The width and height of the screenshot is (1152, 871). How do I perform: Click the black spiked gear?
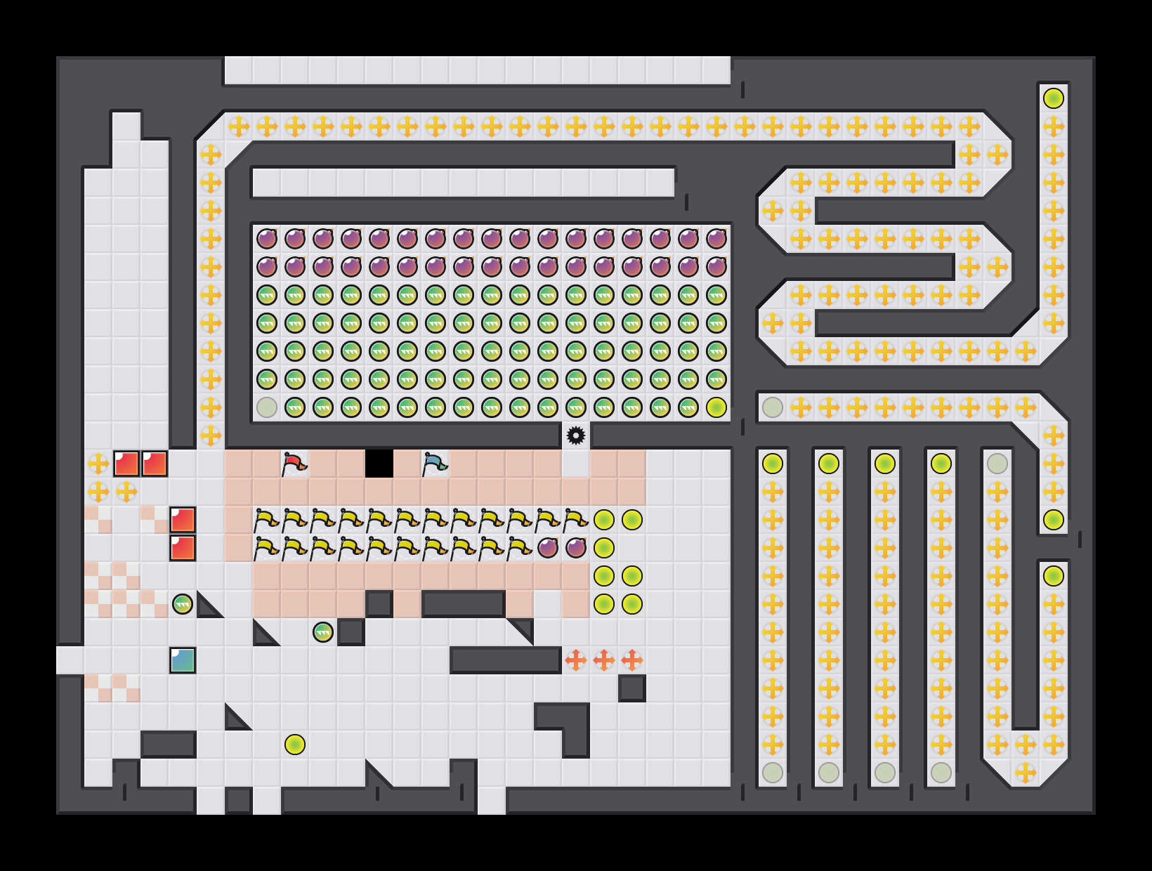coord(576,435)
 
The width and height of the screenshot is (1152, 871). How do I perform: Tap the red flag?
coord(294,464)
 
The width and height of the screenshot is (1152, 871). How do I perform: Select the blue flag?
coord(435,464)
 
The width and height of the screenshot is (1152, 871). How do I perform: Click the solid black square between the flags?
coord(379,464)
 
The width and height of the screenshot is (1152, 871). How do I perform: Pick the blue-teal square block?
coord(183,660)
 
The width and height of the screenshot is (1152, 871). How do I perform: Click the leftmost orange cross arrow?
coord(576,660)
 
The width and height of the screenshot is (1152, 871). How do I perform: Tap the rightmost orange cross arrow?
coord(632,660)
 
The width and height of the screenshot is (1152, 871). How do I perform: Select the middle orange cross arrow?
coord(604,660)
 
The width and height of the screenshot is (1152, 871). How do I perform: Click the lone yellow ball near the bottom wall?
coord(295,745)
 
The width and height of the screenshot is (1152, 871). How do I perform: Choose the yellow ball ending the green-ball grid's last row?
coord(716,407)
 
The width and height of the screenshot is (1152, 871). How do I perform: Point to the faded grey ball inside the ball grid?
coord(267,407)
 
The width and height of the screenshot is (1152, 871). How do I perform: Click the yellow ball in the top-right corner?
coord(1054,98)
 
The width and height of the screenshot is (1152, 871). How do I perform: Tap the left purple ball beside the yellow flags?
coord(548,548)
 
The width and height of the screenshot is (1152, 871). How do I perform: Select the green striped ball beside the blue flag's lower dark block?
coord(323,632)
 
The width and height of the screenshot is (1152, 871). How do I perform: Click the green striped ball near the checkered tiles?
coord(183,604)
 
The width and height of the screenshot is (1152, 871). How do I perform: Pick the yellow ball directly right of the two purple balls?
coord(604,548)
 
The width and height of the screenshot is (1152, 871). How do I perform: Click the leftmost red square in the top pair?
coord(126,464)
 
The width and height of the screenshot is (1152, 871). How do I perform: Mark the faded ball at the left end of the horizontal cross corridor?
coord(773,407)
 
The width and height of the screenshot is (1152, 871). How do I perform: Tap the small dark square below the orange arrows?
coord(632,688)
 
